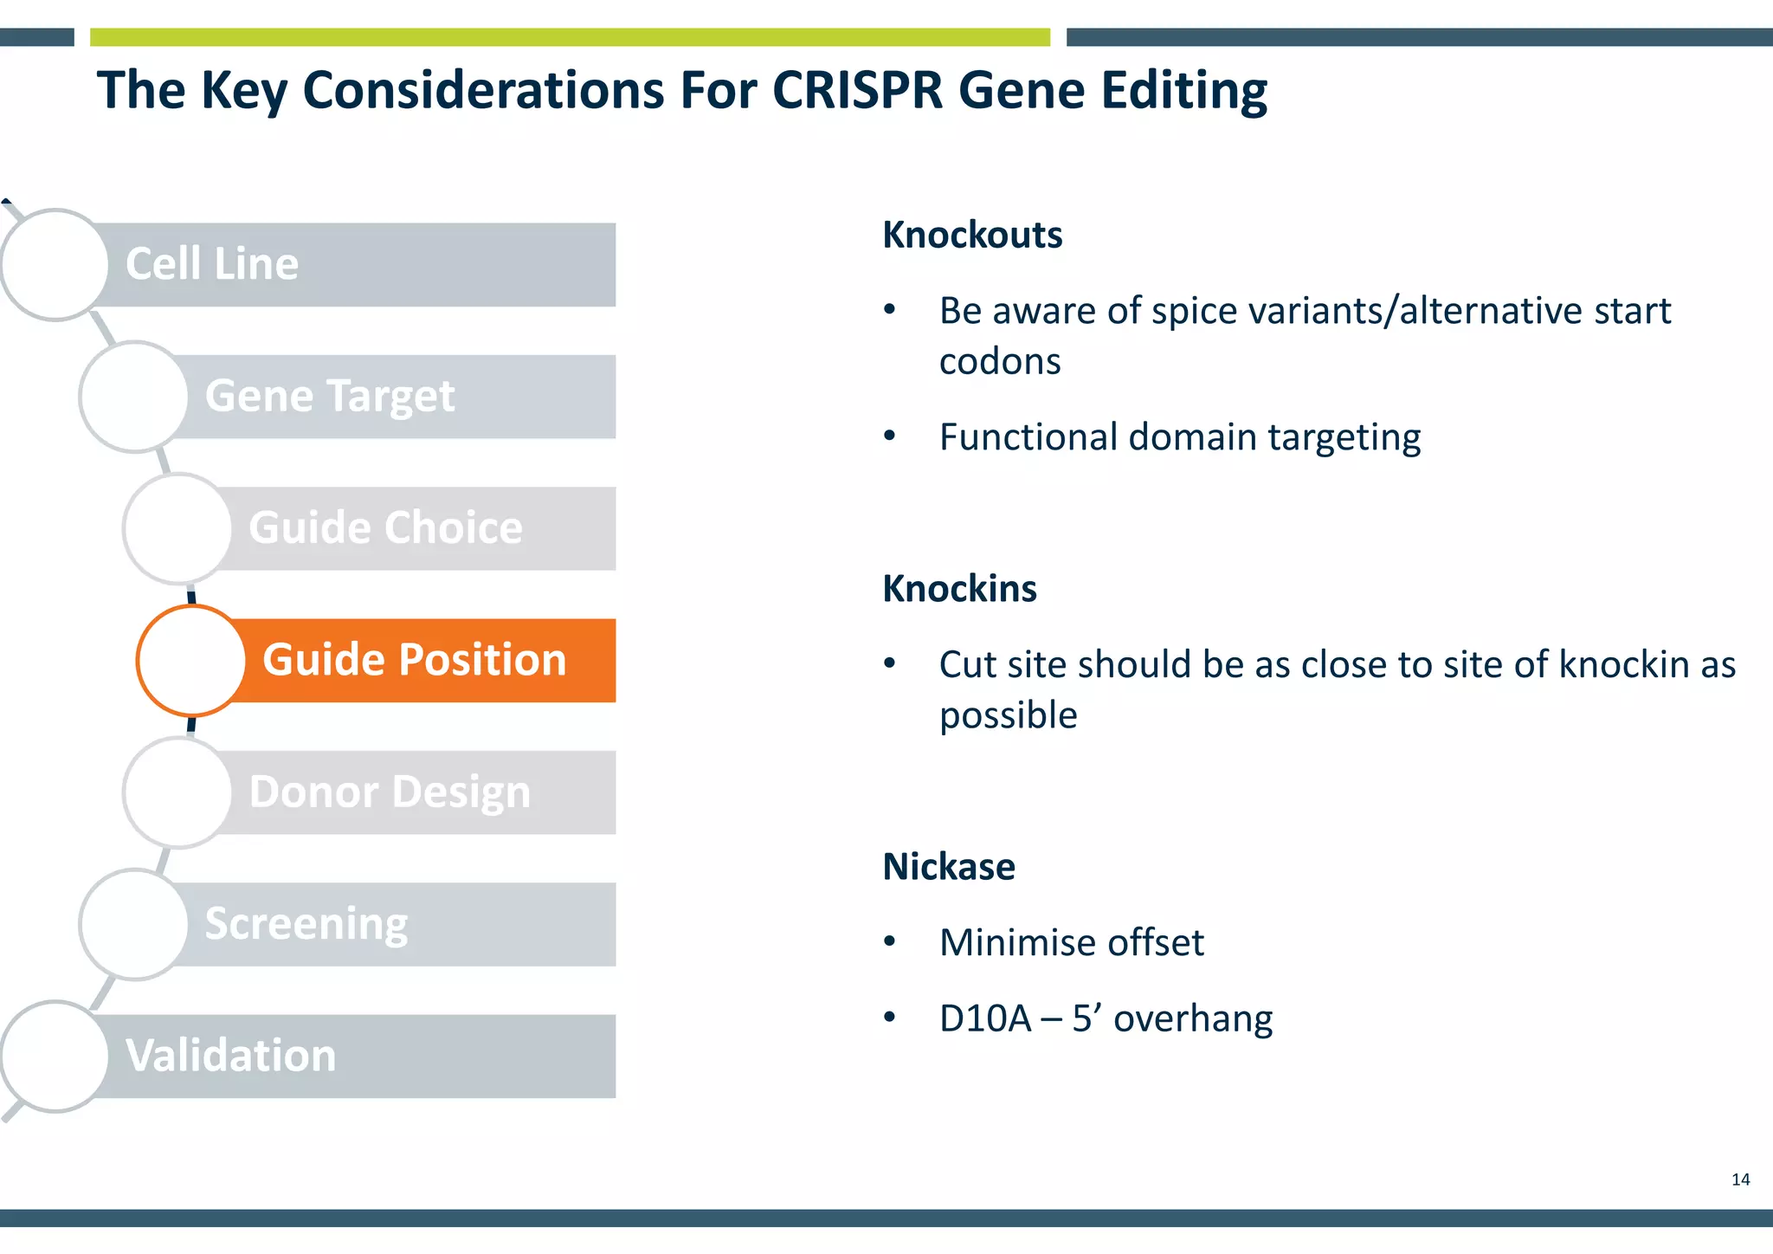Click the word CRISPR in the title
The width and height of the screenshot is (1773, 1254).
click(856, 90)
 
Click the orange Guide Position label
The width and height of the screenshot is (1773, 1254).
click(414, 660)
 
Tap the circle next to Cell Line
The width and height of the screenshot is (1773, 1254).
click(55, 264)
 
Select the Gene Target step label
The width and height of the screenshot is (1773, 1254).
click(329, 397)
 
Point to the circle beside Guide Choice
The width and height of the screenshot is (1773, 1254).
click(178, 528)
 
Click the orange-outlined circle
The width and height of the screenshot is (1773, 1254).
click(191, 661)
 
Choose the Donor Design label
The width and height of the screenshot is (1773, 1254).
click(390, 792)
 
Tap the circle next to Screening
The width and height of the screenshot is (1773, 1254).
click(134, 924)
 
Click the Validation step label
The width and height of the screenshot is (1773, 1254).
click(230, 1056)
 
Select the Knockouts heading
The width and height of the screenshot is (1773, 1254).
click(972, 235)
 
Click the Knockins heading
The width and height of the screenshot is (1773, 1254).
click(959, 589)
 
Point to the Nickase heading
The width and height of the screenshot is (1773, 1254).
click(949, 867)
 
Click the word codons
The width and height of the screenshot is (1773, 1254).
click(1000, 361)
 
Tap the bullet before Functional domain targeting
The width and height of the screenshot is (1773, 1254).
click(889, 436)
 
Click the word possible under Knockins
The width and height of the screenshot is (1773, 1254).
click(1009, 715)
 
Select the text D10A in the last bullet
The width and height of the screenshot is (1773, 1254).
click(985, 1018)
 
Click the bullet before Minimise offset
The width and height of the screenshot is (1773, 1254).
click(889, 940)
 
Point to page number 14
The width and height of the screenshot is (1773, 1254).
click(1740, 1180)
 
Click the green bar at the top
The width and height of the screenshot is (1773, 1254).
click(570, 37)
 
